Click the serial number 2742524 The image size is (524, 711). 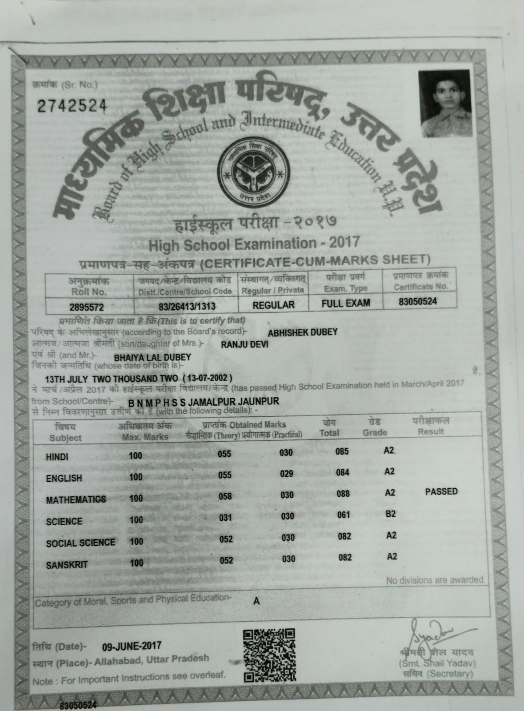[x=72, y=105]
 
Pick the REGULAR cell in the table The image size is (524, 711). [x=273, y=305]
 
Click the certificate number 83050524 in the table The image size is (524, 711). [x=417, y=301]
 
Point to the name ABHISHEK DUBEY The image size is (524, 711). [x=303, y=332]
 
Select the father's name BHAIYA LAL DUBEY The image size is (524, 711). [x=152, y=357]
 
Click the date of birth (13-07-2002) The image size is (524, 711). [x=206, y=379]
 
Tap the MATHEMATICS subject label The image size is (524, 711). [x=76, y=500]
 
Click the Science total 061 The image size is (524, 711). [x=344, y=515]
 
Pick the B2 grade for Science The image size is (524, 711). [x=391, y=514]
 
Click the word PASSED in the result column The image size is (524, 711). [x=441, y=491]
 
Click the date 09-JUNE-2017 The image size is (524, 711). [x=132, y=646]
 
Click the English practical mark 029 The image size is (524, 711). [x=287, y=474]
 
